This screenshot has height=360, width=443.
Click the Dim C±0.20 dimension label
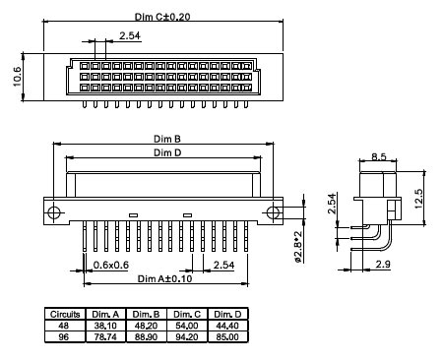[161, 18]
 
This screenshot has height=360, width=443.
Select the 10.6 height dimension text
[17, 76]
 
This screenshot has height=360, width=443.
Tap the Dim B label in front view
[165, 140]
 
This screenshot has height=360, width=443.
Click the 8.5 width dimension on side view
[378, 154]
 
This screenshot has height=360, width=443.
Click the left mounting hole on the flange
[57, 212]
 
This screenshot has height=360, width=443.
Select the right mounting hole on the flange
[270, 212]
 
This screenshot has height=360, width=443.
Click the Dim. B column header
[147, 313]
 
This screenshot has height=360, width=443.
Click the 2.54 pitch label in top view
[129, 37]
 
